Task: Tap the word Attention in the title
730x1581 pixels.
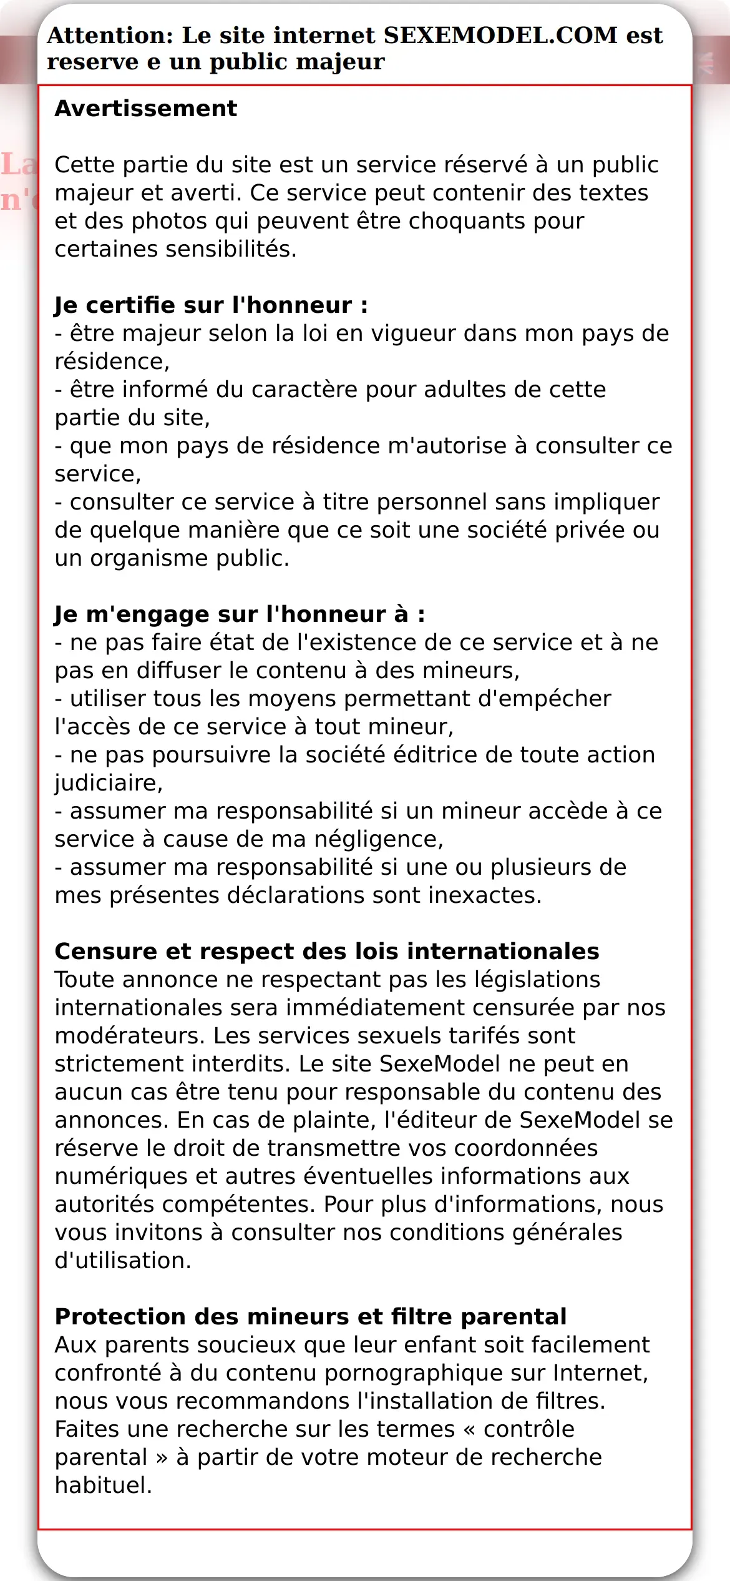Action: click(109, 36)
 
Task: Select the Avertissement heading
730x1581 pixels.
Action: click(146, 109)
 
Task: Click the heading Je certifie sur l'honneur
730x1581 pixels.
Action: click(211, 305)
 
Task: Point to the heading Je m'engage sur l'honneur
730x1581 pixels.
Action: click(240, 614)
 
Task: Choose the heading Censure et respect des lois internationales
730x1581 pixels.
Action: click(327, 952)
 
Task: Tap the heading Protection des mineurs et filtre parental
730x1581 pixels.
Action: click(311, 1317)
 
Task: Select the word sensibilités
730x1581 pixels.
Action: click(230, 249)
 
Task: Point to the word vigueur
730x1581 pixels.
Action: click(412, 333)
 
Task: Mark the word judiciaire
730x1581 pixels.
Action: click(107, 783)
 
